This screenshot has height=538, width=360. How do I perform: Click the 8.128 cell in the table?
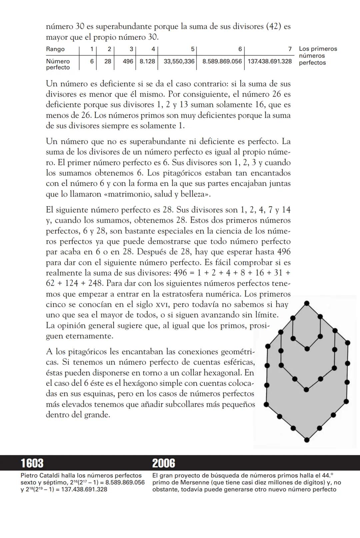tap(147, 62)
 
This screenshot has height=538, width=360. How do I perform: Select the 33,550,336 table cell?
tap(179, 62)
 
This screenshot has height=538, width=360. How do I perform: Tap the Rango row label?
tap(55, 49)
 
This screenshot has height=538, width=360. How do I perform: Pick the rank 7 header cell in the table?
tap(290, 49)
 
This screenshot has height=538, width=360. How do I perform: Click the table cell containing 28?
tap(108, 62)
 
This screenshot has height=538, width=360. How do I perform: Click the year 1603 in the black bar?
tap(32, 463)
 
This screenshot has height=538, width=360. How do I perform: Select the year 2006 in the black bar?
tap(164, 463)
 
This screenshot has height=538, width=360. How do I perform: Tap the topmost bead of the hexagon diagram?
tap(307, 303)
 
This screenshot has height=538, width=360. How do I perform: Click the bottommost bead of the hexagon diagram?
tap(307, 440)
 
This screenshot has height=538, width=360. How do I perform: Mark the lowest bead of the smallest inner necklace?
tap(307, 349)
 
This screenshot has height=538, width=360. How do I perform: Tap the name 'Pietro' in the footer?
tap(29, 476)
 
